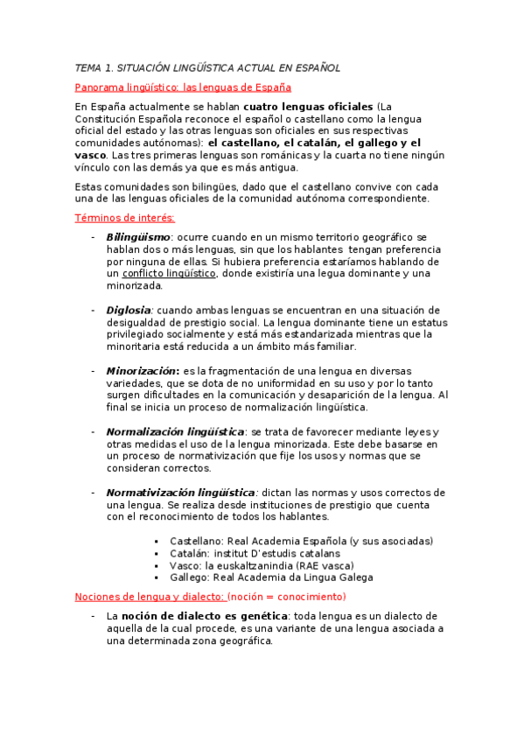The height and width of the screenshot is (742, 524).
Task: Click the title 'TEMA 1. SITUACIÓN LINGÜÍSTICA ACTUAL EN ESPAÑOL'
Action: point(207,67)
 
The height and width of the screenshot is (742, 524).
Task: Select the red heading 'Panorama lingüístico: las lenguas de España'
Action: point(184,87)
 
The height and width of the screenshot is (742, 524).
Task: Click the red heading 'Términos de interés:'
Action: point(125,218)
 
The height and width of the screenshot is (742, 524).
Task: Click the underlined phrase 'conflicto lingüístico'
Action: point(169,274)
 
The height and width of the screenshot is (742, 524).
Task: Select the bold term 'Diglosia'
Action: point(129,310)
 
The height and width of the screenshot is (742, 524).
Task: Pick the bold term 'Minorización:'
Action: point(143,371)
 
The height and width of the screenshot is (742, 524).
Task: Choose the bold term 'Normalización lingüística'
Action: point(175,432)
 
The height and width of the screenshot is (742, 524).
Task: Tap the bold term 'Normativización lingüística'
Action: point(180,493)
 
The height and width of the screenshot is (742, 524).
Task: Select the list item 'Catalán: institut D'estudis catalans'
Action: point(255,553)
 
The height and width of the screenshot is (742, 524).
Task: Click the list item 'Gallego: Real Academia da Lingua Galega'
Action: point(271,577)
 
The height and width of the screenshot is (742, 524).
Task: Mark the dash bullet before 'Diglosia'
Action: point(93,310)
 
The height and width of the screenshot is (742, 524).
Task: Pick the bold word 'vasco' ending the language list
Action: point(92,155)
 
